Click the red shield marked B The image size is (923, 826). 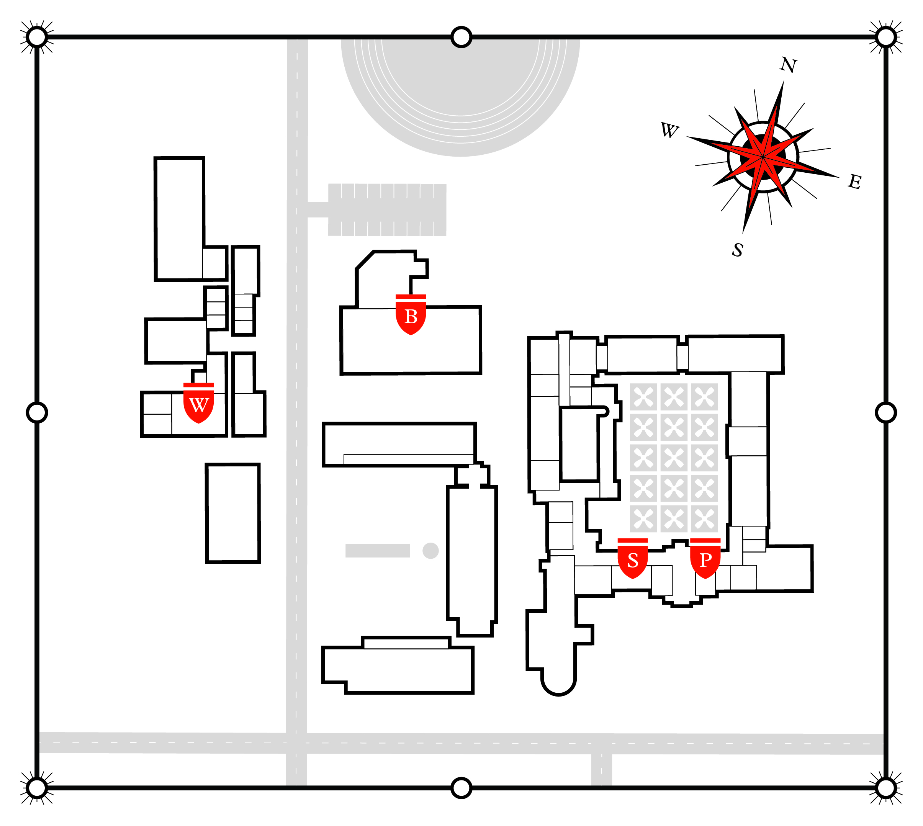[411, 315]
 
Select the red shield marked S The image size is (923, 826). [633, 559]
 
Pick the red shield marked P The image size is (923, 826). [705, 559]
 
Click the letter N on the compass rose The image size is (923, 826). [789, 65]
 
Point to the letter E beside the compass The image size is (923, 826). [855, 182]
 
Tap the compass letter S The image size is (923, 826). [737, 250]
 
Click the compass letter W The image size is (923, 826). [669, 130]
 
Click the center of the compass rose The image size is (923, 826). [763, 157]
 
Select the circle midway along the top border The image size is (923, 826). [461, 37]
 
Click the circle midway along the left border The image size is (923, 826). [37, 412]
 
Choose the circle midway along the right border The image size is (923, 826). [886, 412]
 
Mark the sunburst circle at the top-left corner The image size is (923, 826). [37, 37]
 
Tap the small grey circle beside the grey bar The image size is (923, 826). [430, 551]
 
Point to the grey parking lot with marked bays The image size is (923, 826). [387, 210]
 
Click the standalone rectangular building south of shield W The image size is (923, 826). [233, 513]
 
